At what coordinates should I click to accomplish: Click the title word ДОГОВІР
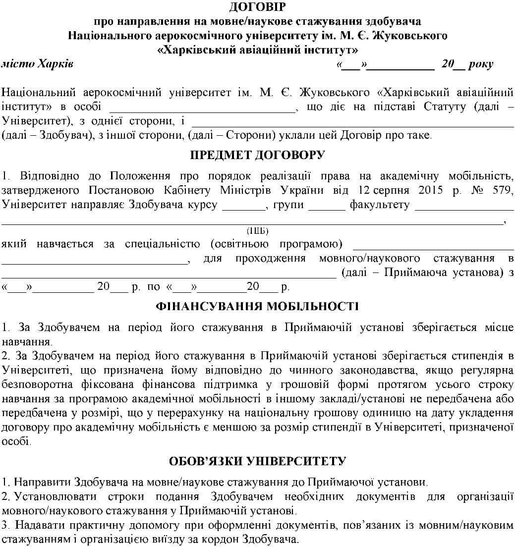click(258, 7)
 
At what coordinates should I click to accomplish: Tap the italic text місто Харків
click(38, 64)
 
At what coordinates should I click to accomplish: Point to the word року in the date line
click(480, 64)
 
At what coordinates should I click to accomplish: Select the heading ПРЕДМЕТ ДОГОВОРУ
click(258, 155)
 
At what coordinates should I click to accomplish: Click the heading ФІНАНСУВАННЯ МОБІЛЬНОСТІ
click(257, 306)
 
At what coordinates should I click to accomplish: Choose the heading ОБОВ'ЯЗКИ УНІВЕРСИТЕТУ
click(257, 461)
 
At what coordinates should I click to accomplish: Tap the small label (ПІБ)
click(257, 231)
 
